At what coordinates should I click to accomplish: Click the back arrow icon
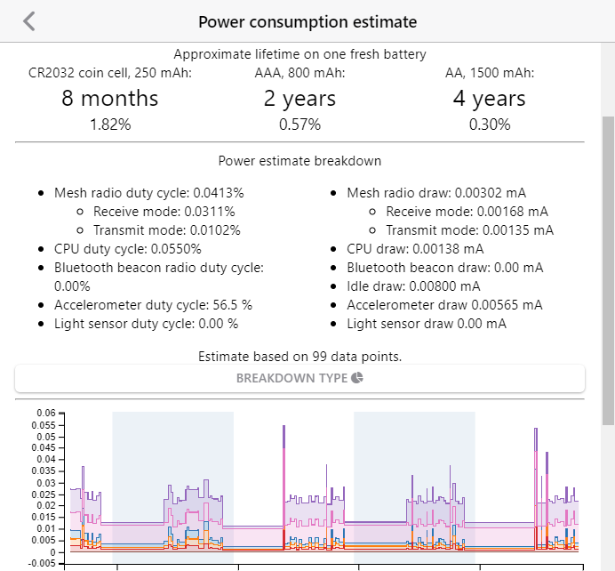pyautogui.click(x=29, y=20)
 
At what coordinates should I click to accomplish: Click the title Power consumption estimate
pyautogui.click(x=307, y=21)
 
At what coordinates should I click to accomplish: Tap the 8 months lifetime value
pyautogui.click(x=110, y=98)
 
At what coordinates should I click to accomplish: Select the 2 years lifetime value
pyautogui.click(x=300, y=98)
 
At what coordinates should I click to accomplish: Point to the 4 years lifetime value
pyautogui.click(x=489, y=98)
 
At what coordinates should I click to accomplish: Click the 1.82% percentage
pyautogui.click(x=110, y=125)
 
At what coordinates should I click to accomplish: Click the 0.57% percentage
pyautogui.click(x=300, y=125)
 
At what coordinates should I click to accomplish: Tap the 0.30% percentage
pyautogui.click(x=489, y=125)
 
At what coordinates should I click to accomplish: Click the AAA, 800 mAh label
pyautogui.click(x=300, y=73)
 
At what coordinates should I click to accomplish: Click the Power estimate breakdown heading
pyautogui.click(x=300, y=161)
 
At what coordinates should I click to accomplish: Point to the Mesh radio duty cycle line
pyautogui.click(x=148, y=192)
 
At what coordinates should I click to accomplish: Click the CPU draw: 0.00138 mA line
pyautogui.click(x=415, y=248)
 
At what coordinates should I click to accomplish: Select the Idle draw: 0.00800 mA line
pyautogui.click(x=413, y=285)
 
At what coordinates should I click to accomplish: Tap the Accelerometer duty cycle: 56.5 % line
pyautogui.click(x=153, y=304)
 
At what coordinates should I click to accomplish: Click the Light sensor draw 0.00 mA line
pyautogui.click(x=427, y=323)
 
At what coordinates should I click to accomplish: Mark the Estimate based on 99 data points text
pyautogui.click(x=300, y=357)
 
